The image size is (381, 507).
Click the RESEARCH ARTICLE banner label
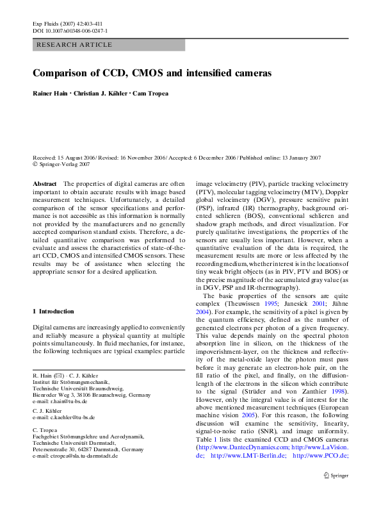pos(75,45)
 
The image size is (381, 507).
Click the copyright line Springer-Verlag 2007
pos(65,164)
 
